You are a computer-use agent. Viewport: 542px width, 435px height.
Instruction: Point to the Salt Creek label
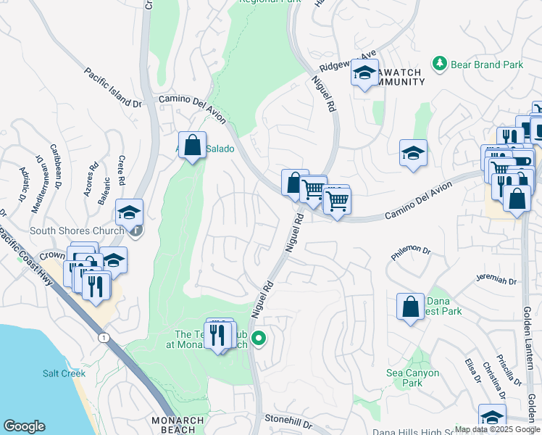click(x=64, y=373)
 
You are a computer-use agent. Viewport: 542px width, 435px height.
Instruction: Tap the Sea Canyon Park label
click(x=412, y=378)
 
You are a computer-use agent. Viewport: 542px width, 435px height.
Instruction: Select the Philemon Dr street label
click(x=411, y=250)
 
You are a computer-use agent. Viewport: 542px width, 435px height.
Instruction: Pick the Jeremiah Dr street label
click(x=496, y=281)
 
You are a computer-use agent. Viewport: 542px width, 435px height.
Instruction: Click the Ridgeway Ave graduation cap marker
click(x=364, y=72)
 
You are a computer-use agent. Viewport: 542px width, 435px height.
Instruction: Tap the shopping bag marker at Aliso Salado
click(x=192, y=146)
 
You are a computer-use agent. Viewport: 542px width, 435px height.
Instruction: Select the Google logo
click(x=24, y=426)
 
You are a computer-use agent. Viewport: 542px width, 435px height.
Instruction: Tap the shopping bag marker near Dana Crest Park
click(x=410, y=307)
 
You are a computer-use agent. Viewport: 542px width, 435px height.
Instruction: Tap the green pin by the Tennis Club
click(x=257, y=338)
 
